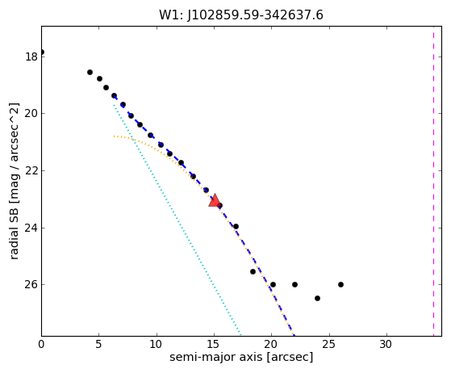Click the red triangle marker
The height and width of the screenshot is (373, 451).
point(215,200)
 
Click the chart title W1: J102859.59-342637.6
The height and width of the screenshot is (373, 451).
point(241,15)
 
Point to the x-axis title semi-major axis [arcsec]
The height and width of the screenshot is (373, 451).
point(241,357)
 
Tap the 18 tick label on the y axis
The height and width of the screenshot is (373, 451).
point(31,57)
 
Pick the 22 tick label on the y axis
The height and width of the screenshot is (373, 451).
point(31,170)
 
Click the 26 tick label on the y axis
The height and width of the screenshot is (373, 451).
point(31,284)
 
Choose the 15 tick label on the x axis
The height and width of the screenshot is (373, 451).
point(214,344)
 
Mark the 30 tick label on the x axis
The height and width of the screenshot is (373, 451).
point(386,344)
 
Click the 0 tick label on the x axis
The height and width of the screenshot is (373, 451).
point(41,344)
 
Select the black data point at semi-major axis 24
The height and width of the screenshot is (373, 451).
point(317,298)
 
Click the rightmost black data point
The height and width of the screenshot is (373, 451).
point(340,284)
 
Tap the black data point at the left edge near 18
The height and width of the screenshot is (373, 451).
point(42,52)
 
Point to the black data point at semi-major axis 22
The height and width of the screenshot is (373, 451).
point(294,284)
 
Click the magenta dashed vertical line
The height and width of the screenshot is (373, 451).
point(433,182)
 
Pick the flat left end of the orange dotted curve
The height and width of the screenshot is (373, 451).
point(115,136)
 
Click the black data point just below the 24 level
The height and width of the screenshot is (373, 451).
point(236,227)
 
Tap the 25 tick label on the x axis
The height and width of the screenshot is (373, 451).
point(328,344)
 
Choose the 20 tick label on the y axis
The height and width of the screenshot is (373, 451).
point(31,113)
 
